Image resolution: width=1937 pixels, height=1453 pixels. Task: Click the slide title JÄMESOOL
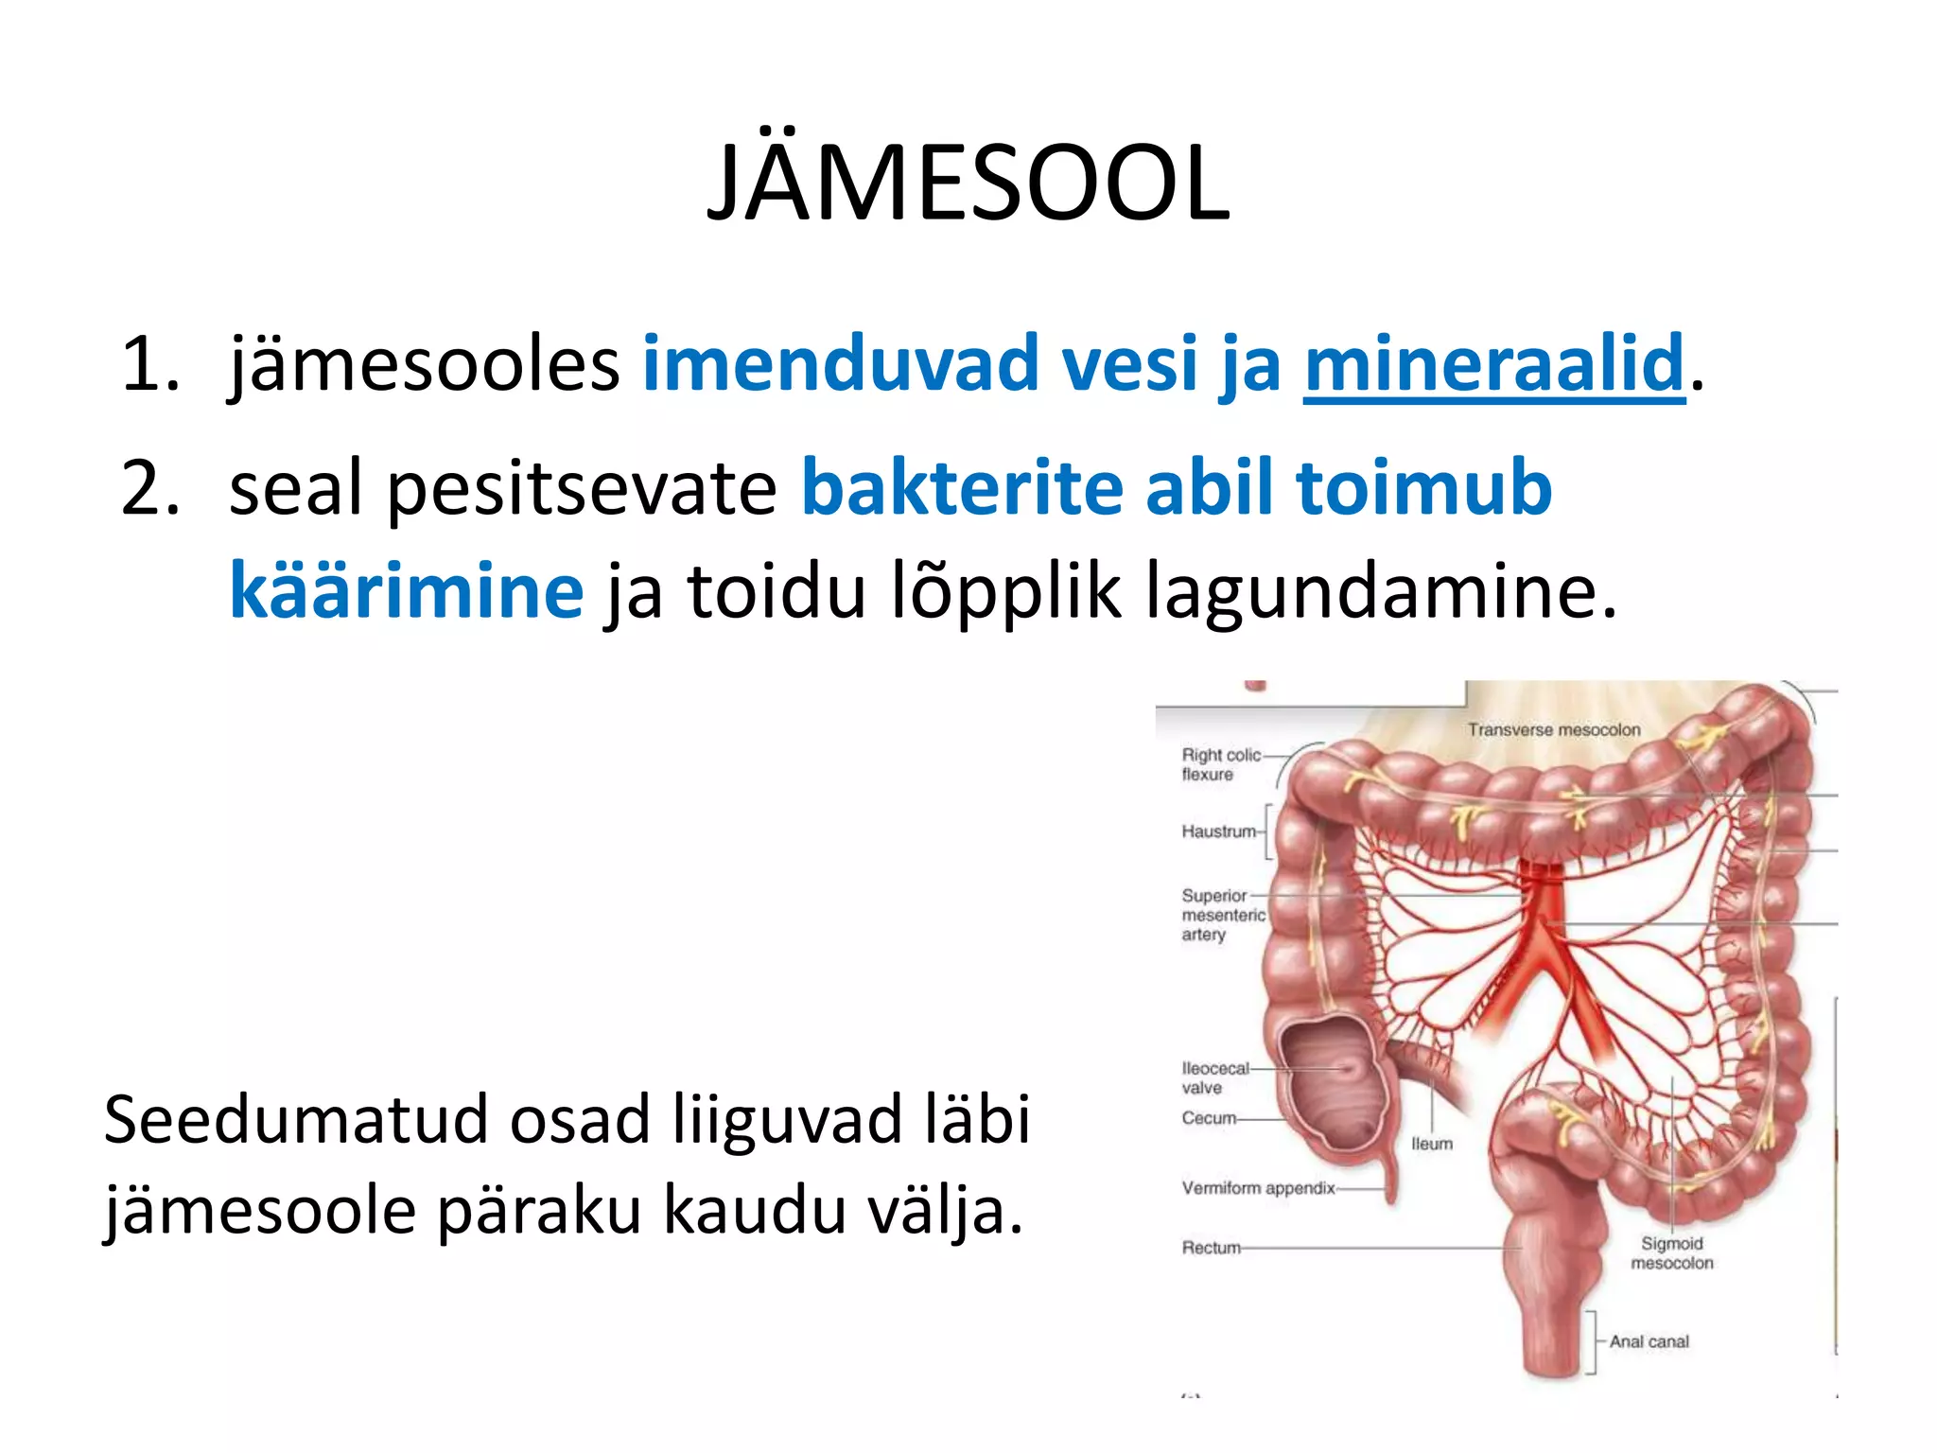pos(968,183)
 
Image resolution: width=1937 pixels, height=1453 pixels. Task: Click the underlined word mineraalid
pos(1493,363)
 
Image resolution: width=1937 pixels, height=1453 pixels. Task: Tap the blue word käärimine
pos(407,590)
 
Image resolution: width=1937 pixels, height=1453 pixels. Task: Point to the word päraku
pos(538,1211)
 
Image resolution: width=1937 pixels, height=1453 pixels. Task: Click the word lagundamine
pos(1380,590)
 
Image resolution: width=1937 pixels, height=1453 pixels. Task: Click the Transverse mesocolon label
pos(1553,730)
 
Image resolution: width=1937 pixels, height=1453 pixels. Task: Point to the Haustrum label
pos(1218,832)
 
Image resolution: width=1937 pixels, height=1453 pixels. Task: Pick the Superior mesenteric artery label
pos(1221,915)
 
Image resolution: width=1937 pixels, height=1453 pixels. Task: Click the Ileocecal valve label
pos(1214,1077)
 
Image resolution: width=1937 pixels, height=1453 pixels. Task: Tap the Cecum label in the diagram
pos(1208,1118)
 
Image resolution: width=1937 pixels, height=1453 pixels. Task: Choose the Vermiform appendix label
pos(1257,1188)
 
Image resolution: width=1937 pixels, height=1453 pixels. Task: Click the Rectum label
pos(1210,1248)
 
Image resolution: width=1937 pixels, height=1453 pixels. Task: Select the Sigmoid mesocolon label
pos(1671,1253)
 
